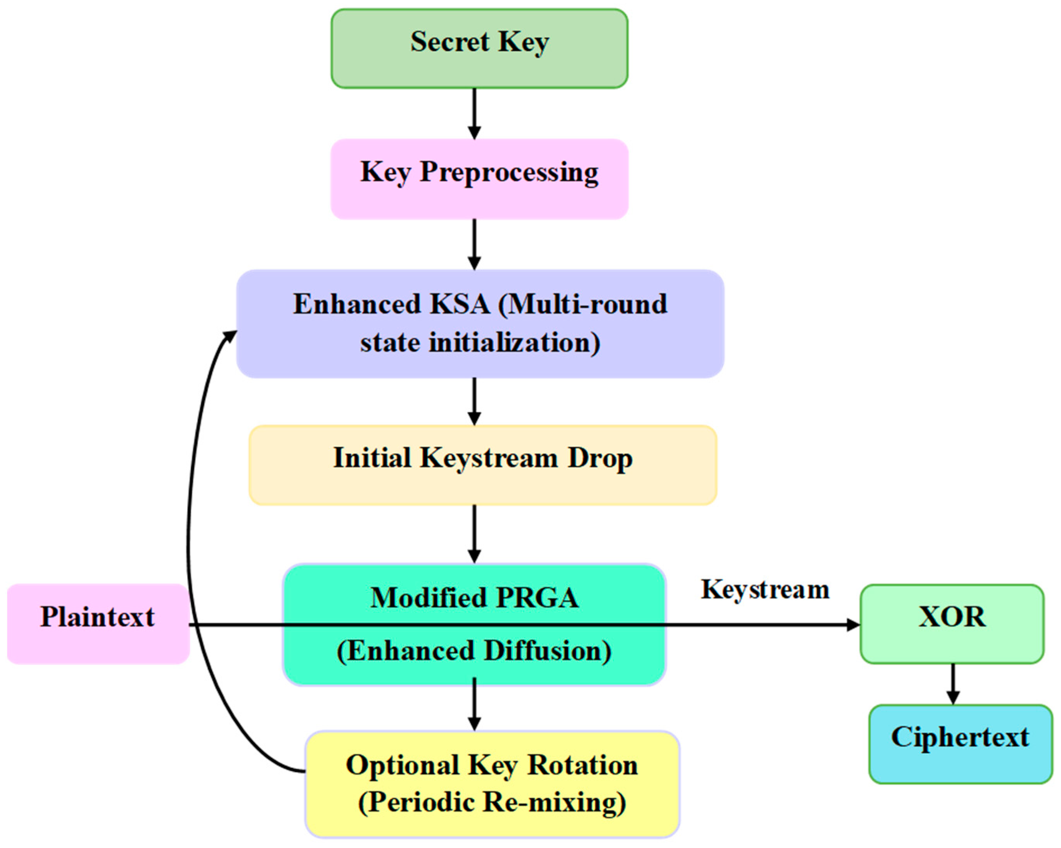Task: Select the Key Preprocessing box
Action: (x=479, y=179)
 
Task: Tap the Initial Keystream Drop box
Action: (x=483, y=465)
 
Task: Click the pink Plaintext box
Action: (x=98, y=624)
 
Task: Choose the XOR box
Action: (x=952, y=624)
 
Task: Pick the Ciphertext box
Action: (x=960, y=744)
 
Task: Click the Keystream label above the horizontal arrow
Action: (x=765, y=590)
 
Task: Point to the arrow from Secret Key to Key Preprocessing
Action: (x=474, y=114)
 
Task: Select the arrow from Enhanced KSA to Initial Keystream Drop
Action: (x=474, y=401)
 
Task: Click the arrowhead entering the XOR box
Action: (x=853, y=625)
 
